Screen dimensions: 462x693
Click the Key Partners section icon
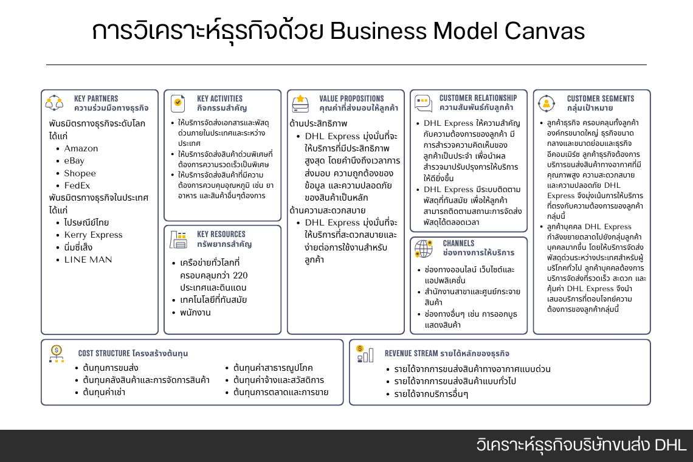click(x=55, y=103)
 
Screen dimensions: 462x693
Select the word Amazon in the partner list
click(x=81, y=148)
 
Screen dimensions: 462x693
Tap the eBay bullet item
click(x=74, y=161)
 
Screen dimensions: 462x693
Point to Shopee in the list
click(x=80, y=173)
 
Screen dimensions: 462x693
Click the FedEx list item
click(x=77, y=185)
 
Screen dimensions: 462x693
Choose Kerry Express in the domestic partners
click(x=93, y=235)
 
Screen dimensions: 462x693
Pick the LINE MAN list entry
click(x=88, y=260)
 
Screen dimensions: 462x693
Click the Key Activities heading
click(x=219, y=98)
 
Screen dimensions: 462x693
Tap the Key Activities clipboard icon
click(x=178, y=103)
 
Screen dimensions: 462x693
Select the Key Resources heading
click(x=221, y=234)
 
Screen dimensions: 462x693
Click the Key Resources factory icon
click(x=178, y=240)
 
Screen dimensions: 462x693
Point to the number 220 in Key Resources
click(x=240, y=275)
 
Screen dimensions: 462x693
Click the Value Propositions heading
click(x=351, y=98)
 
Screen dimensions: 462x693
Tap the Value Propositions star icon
click(x=300, y=103)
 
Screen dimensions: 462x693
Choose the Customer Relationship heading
click(x=478, y=98)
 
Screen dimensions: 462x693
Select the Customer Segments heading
click(x=600, y=98)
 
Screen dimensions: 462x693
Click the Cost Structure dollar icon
click(x=57, y=353)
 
